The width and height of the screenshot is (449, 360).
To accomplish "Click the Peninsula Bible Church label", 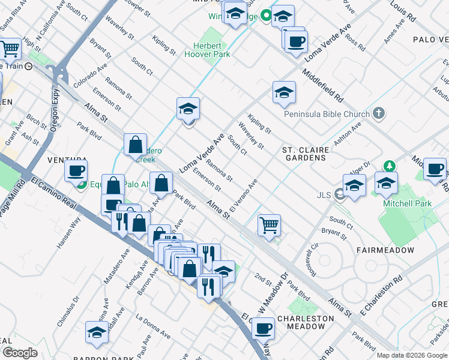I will [x=327, y=114].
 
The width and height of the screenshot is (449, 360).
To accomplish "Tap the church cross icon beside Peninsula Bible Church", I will [x=378, y=113].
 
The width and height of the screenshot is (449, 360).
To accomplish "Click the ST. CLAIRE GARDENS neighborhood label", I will [x=304, y=154].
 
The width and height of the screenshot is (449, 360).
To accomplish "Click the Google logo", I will [x=20, y=353].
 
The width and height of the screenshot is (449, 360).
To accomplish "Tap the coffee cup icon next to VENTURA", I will [x=76, y=171].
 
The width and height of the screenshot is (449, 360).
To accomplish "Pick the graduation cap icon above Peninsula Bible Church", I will [x=284, y=92].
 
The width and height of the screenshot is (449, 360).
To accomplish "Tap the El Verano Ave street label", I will [x=243, y=193].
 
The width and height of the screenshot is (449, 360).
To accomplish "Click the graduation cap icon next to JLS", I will [x=355, y=185].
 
